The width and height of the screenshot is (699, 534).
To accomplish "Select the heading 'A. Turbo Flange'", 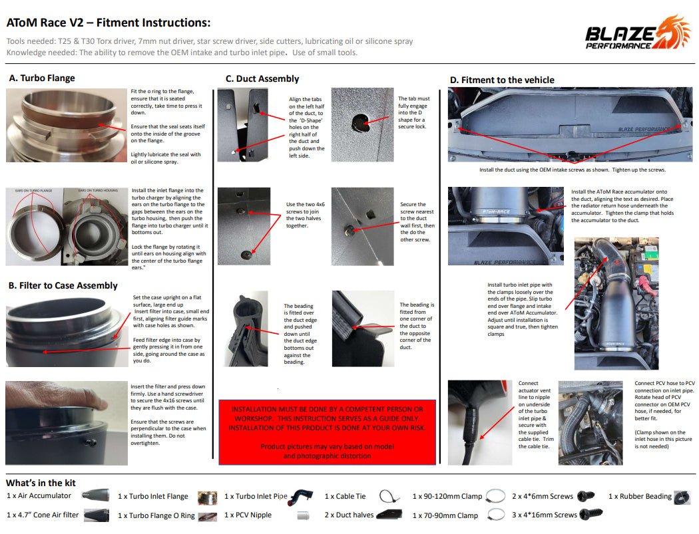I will tap(42, 78).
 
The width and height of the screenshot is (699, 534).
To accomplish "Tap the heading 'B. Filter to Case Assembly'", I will tap(63, 285).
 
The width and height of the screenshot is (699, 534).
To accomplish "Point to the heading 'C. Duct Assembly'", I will tap(262, 78).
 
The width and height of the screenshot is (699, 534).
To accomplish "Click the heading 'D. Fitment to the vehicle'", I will tap(502, 80).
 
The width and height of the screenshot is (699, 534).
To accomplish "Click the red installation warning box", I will tap(327, 432).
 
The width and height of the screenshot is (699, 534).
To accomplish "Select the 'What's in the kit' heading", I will tap(41, 483).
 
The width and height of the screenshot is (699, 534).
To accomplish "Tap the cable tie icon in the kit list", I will tap(389, 496).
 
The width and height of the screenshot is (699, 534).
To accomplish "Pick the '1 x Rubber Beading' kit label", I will tap(640, 496).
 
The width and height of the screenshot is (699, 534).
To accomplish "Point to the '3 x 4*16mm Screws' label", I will tap(545, 515).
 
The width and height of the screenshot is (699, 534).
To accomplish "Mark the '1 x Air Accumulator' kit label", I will tap(39, 496).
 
